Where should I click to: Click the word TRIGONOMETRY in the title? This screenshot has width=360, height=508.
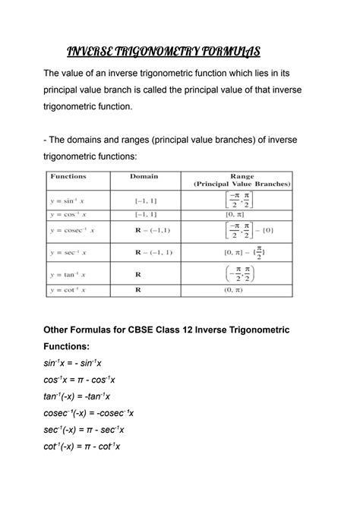[x=152, y=51]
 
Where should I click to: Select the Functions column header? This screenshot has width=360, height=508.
[x=68, y=176]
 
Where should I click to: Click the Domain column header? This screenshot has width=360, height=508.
[x=144, y=176]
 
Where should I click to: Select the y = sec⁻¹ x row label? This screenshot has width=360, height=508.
[x=68, y=252]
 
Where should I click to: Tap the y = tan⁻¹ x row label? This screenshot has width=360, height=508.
[x=68, y=274]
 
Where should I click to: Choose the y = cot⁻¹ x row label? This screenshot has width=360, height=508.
[x=68, y=289]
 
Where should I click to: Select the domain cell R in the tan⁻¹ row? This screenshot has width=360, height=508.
[x=138, y=274]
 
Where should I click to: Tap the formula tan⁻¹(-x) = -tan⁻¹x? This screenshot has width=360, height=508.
[x=77, y=396]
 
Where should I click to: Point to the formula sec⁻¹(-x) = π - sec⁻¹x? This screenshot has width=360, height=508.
[x=84, y=429]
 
